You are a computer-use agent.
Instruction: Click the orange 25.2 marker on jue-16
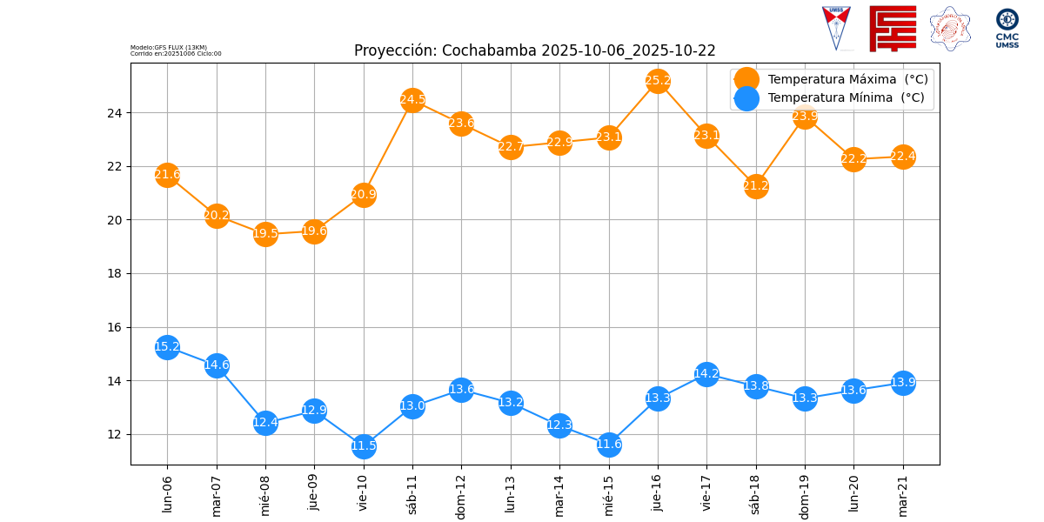coord(658,81)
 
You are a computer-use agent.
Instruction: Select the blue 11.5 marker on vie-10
coord(364,446)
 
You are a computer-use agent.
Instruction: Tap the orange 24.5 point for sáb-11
coord(412,100)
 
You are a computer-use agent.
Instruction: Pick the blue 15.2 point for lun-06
coord(167,347)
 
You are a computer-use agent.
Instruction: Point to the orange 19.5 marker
coord(265,233)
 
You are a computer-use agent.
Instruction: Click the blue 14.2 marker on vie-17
coord(706,374)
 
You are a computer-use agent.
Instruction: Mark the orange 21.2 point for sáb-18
coord(756,186)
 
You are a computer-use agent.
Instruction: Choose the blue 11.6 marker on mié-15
coord(609,445)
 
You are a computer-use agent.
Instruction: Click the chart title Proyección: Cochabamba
coord(534,50)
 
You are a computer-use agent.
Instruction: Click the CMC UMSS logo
coord(1007,28)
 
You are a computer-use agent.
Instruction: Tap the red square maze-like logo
coord(893,28)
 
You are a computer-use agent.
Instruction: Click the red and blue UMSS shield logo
coord(836,28)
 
